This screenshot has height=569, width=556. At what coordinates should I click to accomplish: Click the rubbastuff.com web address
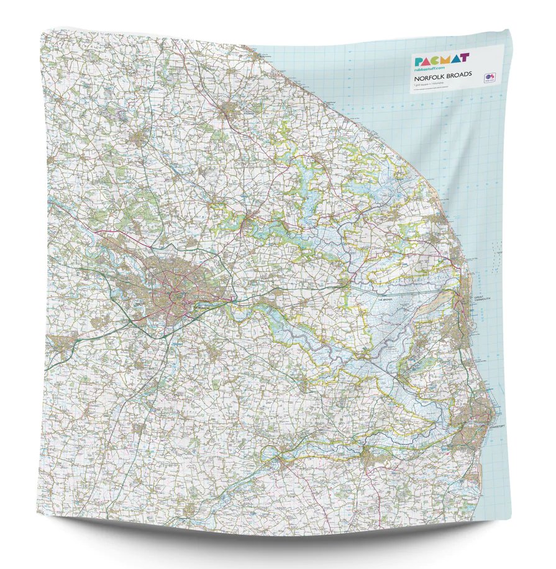pos(429,69)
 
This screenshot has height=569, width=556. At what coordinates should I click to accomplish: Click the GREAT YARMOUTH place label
pos(482,299)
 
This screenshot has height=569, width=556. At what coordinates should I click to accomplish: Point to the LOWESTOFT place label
pos(496,427)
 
